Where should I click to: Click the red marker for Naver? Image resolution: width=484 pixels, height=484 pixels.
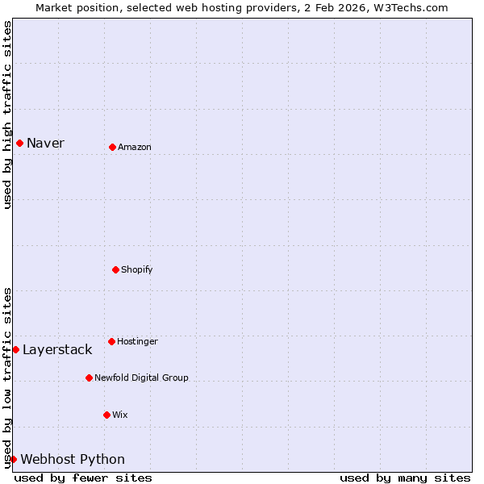[x=19, y=143]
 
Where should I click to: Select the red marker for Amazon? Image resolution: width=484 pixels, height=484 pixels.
[x=112, y=147]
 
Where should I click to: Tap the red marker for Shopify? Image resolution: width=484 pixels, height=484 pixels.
[x=115, y=269]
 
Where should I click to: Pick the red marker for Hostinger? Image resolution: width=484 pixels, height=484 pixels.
[x=111, y=341]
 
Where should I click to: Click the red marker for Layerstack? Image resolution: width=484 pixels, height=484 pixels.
[x=15, y=349]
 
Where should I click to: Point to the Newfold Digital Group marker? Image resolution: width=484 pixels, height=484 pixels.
[x=89, y=378]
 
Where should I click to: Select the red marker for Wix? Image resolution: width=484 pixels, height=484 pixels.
[x=106, y=415]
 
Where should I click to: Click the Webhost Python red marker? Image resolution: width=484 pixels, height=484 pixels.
[x=13, y=459]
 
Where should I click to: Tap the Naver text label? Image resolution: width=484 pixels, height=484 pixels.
[x=45, y=143]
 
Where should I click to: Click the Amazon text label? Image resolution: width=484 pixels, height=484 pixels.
[x=134, y=147]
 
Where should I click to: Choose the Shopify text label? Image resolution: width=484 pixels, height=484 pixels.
[x=136, y=269]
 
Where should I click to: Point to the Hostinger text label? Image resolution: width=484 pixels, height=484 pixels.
[x=137, y=341]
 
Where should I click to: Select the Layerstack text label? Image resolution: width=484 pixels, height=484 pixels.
[x=57, y=349]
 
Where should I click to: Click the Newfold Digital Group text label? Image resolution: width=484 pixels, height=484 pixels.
[x=141, y=378]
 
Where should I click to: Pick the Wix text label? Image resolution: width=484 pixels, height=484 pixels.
[x=119, y=415]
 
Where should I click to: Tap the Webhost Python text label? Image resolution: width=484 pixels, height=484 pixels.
[x=73, y=459]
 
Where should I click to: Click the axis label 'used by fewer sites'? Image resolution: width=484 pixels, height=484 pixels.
[x=83, y=478]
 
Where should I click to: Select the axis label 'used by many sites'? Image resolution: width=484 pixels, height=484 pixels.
[x=405, y=478]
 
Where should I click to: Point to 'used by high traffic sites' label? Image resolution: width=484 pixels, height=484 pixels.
[x=7, y=115]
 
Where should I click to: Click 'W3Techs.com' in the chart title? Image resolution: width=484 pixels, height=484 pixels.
[x=415, y=7]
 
